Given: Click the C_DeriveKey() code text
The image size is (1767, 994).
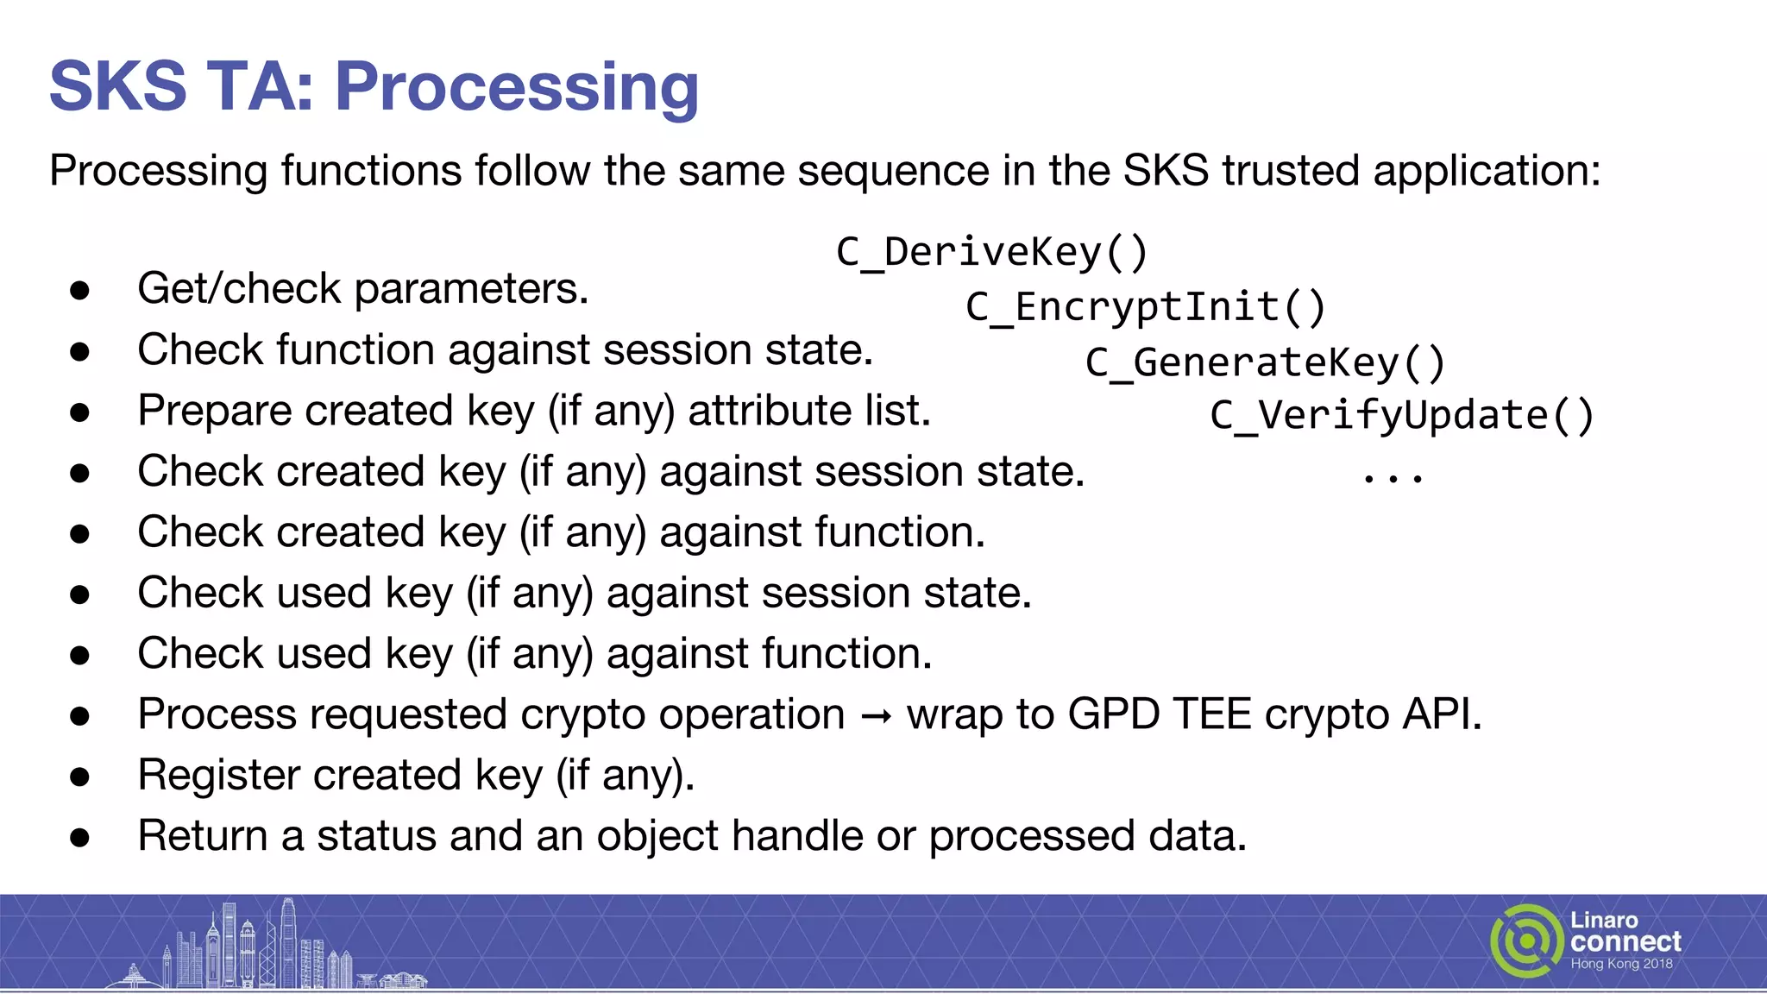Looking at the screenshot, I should click(992, 252).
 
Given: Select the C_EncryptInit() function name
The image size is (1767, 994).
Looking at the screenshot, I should click(1146, 307).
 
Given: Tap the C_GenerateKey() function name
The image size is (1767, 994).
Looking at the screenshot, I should click(1265, 362).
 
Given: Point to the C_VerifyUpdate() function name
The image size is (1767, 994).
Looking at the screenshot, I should click(1401, 415).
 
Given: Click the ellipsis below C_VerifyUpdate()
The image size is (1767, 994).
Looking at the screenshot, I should click(1393, 477).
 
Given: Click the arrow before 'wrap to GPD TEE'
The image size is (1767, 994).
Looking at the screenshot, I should click(876, 716).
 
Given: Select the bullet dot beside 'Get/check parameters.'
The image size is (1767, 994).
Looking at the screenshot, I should click(80, 291).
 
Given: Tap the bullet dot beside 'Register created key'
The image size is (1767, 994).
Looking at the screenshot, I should click(80, 777).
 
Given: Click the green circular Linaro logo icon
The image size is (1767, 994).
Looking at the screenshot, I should click(1526, 941).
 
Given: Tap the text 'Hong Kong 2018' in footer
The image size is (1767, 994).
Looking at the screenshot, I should click(1621, 964).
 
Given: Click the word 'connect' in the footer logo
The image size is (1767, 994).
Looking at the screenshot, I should click(1626, 941).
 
